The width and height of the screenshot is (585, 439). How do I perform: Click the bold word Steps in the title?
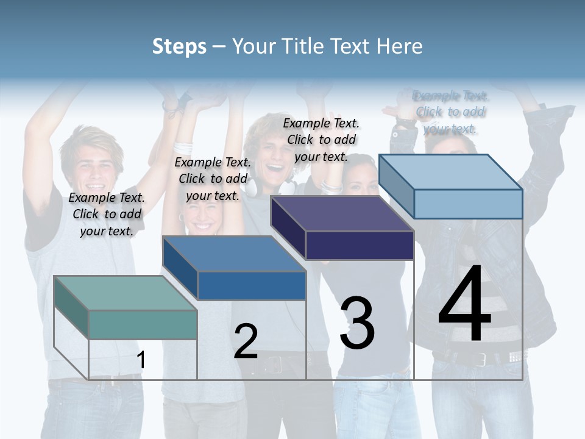[x=179, y=46]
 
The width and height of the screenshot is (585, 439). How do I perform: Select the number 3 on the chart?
[x=357, y=323]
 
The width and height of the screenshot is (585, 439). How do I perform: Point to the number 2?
[x=246, y=341]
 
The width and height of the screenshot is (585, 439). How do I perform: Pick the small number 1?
[x=141, y=360]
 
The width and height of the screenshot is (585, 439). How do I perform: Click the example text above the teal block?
[x=107, y=214]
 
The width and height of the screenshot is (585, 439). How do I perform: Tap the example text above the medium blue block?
[x=213, y=179]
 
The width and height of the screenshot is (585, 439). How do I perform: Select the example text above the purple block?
[x=322, y=140]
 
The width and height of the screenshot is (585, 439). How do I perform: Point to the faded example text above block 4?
[x=451, y=112]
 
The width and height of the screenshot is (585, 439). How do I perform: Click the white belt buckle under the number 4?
[x=515, y=356]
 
